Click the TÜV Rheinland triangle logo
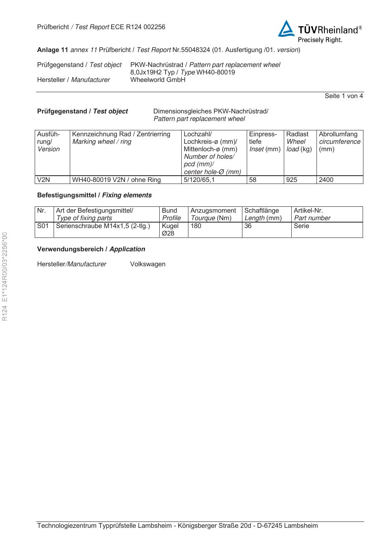pos(286,29)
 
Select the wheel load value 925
pos(292,180)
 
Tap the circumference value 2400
pos(326,180)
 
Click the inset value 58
pos(253,180)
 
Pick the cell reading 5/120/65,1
pos(199,180)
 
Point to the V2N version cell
pos(43,180)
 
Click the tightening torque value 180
pos(196,226)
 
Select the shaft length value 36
pos(248,226)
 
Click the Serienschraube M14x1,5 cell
pos(103,226)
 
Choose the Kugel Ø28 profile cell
pos(170,230)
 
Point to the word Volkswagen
pos(148,264)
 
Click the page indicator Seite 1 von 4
pos(344,96)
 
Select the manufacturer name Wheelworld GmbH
pos(158,80)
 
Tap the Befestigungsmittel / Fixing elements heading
pos(94,195)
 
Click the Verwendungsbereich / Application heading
pos(91,249)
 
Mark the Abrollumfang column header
pos(338,134)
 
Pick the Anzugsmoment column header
pos(213,211)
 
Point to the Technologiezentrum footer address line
pos(177,526)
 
